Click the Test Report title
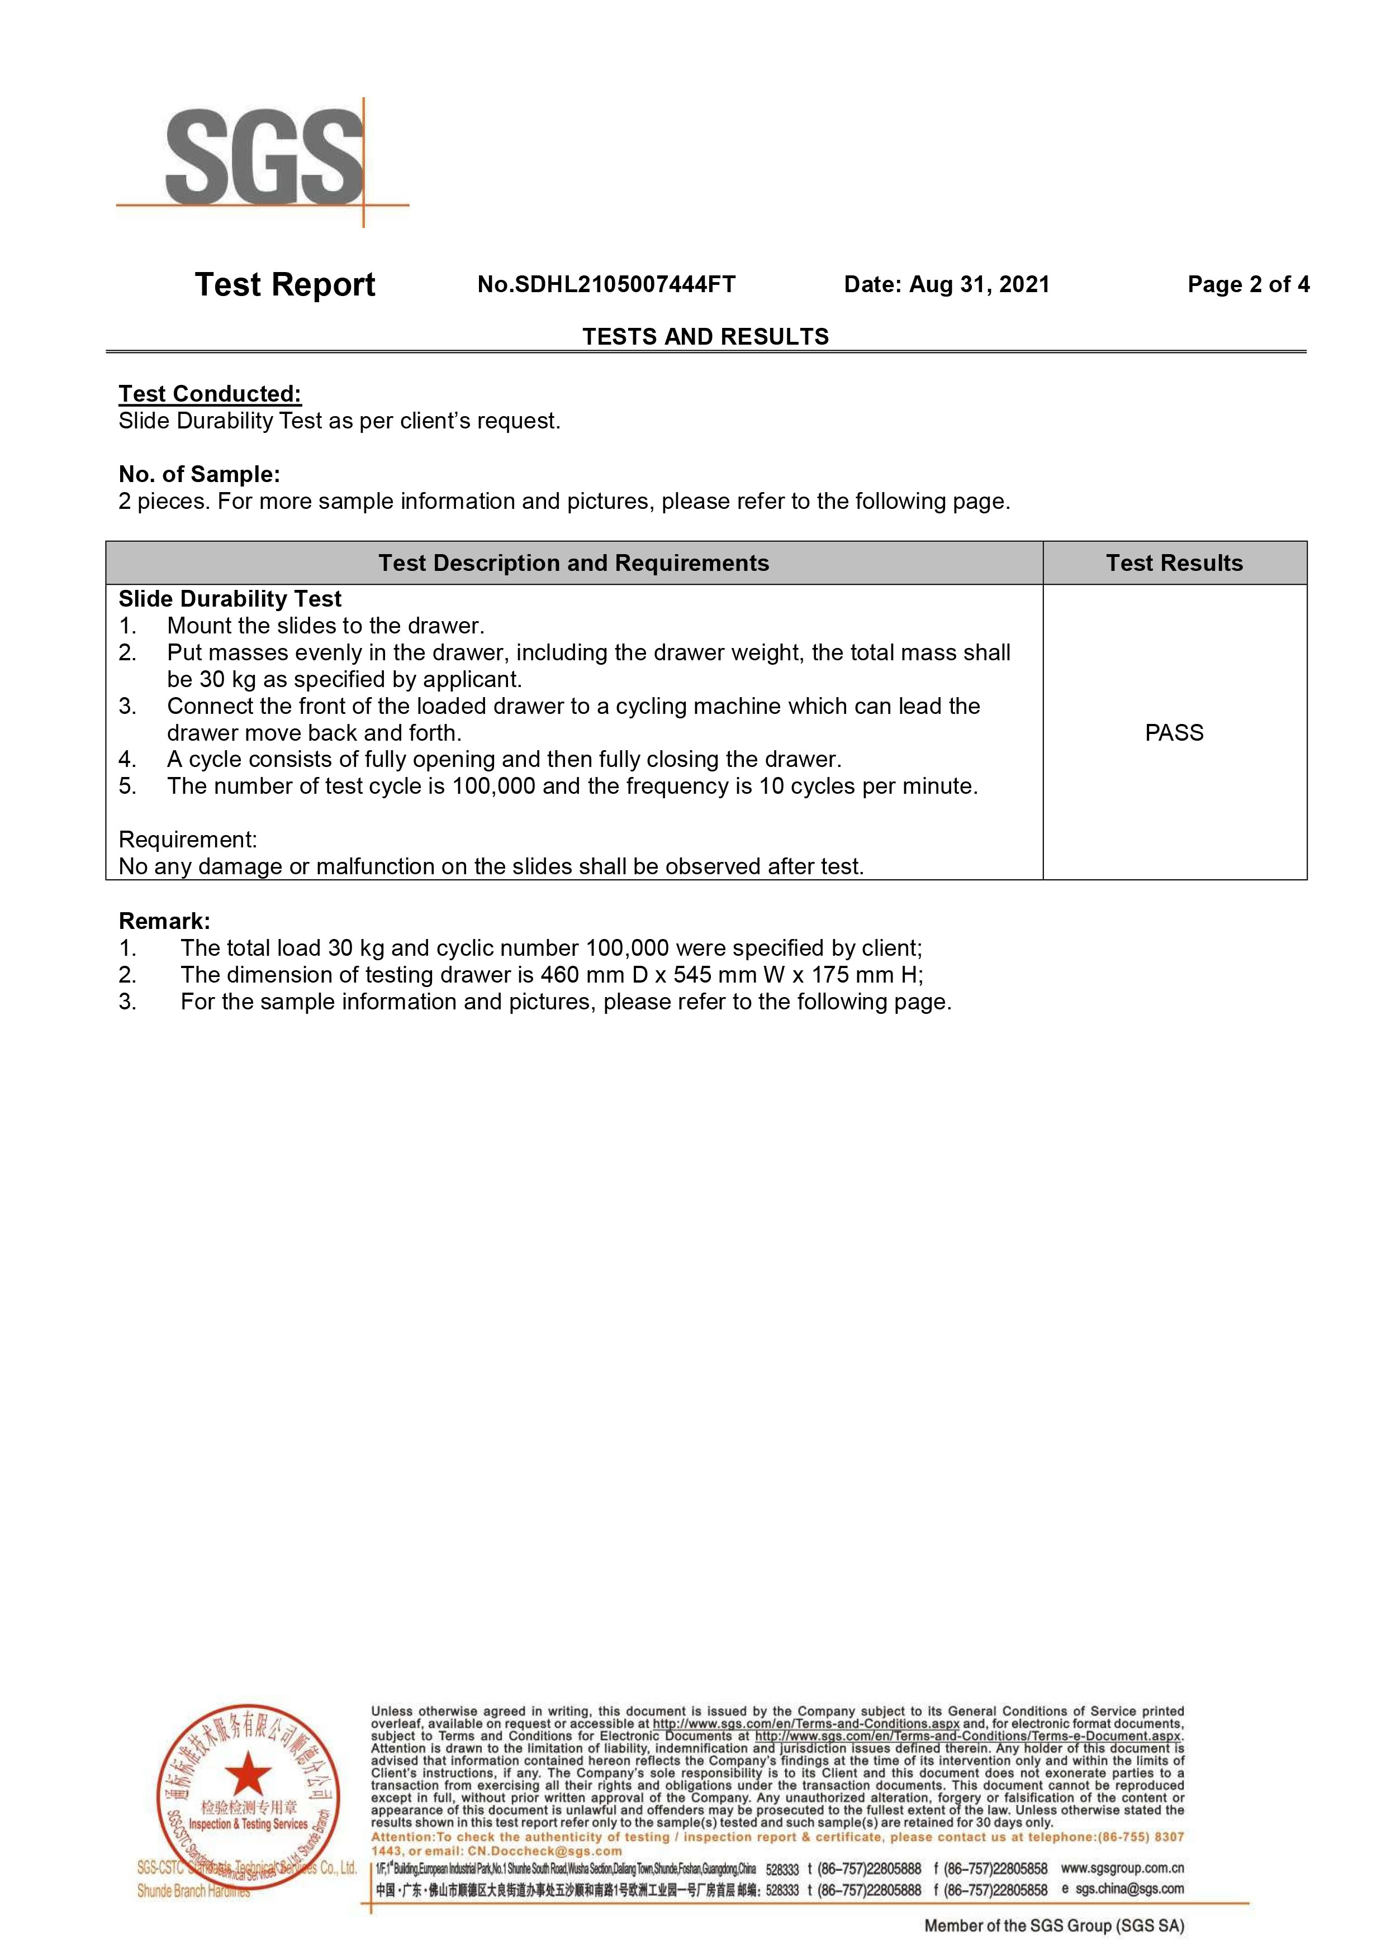pyautogui.click(x=285, y=284)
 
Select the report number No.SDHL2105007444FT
pyautogui.click(x=606, y=285)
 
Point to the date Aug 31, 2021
pyautogui.click(x=979, y=285)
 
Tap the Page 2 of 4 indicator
pyautogui.click(x=1248, y=285)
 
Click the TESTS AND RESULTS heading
pyautogui.click(x=706, y=336)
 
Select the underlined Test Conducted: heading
pyautogui.click(x=210, y=394)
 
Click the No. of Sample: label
pyautogui.click(x=200, y=474)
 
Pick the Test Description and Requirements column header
pyautogui.click(x=573, y=563)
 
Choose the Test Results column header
pyautogui.click(x=1174, y=563)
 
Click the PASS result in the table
pyautogui.click(x=1174, y=733)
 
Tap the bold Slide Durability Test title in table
pyautogui.click(x=230, y=599)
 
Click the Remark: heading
pyautogui.click(x=164, y=922)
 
